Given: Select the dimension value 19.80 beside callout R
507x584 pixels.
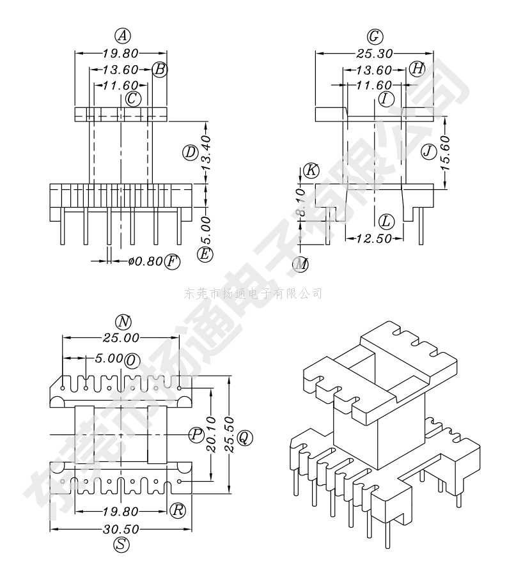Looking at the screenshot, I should pos(121,511).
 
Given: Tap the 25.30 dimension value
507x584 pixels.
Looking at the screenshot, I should pos(374,54).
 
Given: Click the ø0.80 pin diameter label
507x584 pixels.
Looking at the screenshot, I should pos(146,261).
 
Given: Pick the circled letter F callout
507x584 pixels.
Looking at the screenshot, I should pos(171,261).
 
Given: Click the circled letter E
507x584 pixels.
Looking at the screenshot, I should pos(205,254).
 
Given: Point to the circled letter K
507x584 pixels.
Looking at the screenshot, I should pos(311,171).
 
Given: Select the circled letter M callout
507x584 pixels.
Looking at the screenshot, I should pos(300,263).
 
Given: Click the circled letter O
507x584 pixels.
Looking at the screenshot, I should pos(132,360).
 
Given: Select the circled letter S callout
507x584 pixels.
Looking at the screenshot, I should pos(121,545).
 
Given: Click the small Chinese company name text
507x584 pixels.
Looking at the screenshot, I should pos(253,293).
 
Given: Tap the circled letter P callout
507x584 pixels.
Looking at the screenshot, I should pos(196,434).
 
